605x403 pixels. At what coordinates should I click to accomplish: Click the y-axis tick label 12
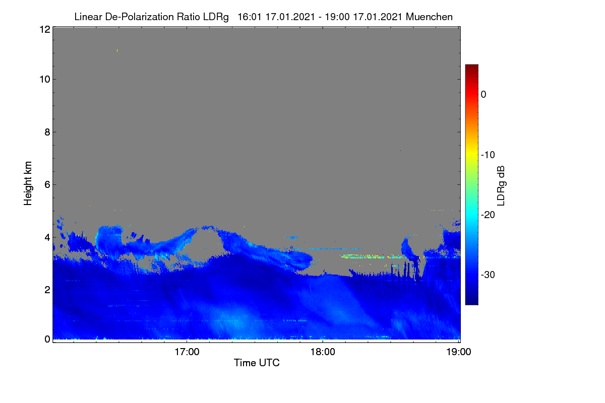(x=45, y=29)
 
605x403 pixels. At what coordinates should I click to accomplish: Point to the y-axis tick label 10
(x=45, y=80)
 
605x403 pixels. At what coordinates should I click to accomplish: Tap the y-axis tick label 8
(x=47, y=132)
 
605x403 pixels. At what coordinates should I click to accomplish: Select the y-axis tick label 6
(x=47, y=185)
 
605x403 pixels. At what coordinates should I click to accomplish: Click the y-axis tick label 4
(x=47, y=238)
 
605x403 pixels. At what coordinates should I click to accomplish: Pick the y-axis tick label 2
(x=47, y=290)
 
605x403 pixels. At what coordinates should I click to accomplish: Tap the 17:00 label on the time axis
(x=187, y=352)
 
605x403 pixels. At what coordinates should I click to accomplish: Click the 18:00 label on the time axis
(x=323, y=352)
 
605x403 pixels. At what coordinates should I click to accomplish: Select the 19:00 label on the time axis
(x=459, y=352)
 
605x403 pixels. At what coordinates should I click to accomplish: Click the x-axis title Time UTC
(x=257, y=363)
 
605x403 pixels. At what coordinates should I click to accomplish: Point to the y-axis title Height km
(x=28, y=183)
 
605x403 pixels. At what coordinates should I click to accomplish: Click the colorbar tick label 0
(x=483, y=95)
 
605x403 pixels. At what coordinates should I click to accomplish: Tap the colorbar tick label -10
(x=488, y=155)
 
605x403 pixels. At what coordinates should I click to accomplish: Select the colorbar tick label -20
(x=488, y=215)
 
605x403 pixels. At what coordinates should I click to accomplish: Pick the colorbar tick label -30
(x=488, y=275)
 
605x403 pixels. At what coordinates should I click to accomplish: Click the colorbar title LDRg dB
(x=501, y=186)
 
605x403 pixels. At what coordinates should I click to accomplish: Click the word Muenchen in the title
(x=429, y=17)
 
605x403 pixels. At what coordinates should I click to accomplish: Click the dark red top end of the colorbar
(x=471, y=66)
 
